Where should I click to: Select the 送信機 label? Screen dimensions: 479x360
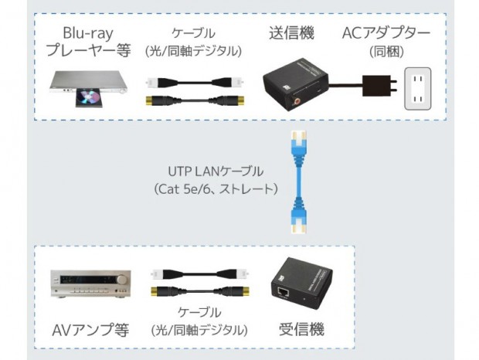291,33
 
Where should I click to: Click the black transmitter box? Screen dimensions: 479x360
295,84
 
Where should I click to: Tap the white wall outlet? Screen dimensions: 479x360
418,89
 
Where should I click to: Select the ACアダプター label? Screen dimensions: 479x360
386,33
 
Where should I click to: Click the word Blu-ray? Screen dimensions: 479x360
88,33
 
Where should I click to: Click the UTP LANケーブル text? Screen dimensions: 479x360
216,172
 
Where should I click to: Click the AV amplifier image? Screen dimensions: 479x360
90,284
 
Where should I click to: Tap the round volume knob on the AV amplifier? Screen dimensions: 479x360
122,280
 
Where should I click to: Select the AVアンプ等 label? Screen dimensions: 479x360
90,331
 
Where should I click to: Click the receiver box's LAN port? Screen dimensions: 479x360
284,292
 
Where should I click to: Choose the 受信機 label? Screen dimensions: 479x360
301,330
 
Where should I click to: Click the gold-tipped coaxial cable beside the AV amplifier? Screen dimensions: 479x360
200,291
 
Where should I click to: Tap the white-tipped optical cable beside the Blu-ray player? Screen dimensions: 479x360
195,83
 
